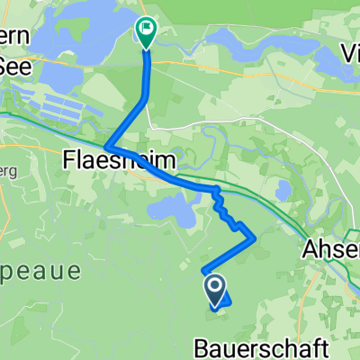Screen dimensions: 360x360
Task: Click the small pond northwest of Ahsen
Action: pos(283,190)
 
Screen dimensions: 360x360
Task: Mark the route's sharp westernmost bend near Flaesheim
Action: pos(107,148)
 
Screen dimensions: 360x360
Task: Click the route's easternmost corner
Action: pos(256,238)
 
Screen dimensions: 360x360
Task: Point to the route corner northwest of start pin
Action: pos(203,268)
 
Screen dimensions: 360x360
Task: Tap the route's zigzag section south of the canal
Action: pos(225,211)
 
